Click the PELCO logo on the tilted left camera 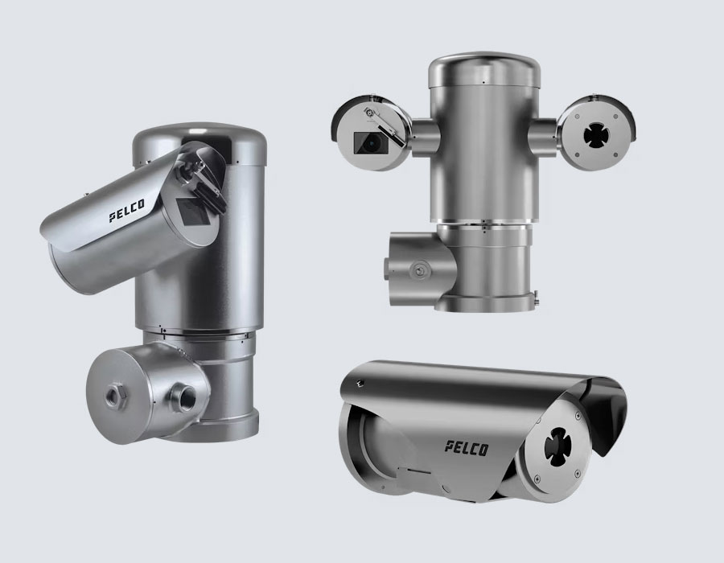(x=126, y=211)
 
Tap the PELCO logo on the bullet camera (x=467, y=448)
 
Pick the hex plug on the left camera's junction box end (x=113, y=396)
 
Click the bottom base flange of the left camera (x=217, y=429)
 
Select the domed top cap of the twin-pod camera (x=484, y=69)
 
